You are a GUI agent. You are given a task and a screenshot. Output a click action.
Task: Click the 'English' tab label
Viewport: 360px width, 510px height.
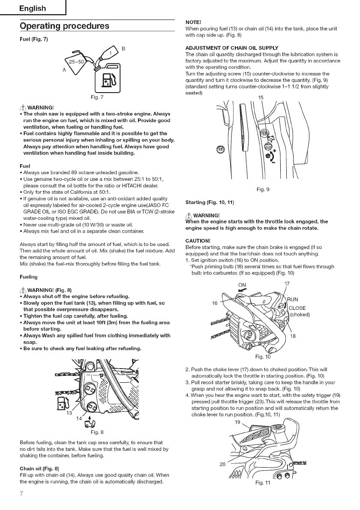[x=30, y=9]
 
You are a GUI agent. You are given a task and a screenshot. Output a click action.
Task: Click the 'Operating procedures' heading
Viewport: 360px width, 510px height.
[x=64, y=26]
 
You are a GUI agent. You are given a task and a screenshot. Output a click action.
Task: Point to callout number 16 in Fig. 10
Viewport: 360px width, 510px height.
[x=215, y=303]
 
